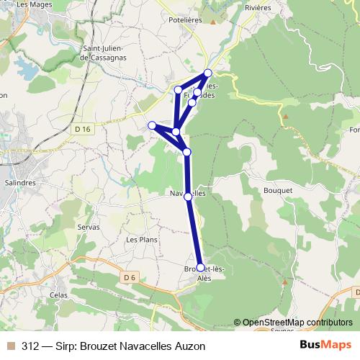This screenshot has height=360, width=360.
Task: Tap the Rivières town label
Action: pos(257,7)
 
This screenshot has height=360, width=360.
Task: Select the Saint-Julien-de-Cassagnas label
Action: pos(106,53)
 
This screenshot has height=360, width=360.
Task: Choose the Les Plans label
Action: pos(141,239)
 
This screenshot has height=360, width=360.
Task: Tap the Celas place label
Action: pos(59,295)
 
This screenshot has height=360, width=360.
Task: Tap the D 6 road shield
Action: pos(129,276)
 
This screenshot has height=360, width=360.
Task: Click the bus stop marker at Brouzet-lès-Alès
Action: pos(201,268)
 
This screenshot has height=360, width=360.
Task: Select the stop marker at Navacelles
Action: pos(188,196)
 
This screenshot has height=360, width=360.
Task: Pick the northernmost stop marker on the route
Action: pos(208,73)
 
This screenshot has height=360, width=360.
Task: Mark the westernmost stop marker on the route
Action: pos(152,126)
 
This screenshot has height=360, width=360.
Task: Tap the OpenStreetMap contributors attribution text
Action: pos(297,323)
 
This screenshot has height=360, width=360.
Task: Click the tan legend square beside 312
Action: pos(9,346)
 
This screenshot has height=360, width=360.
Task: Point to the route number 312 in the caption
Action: pos(31,346)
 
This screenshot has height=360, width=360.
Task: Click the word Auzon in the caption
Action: pos(190,346)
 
